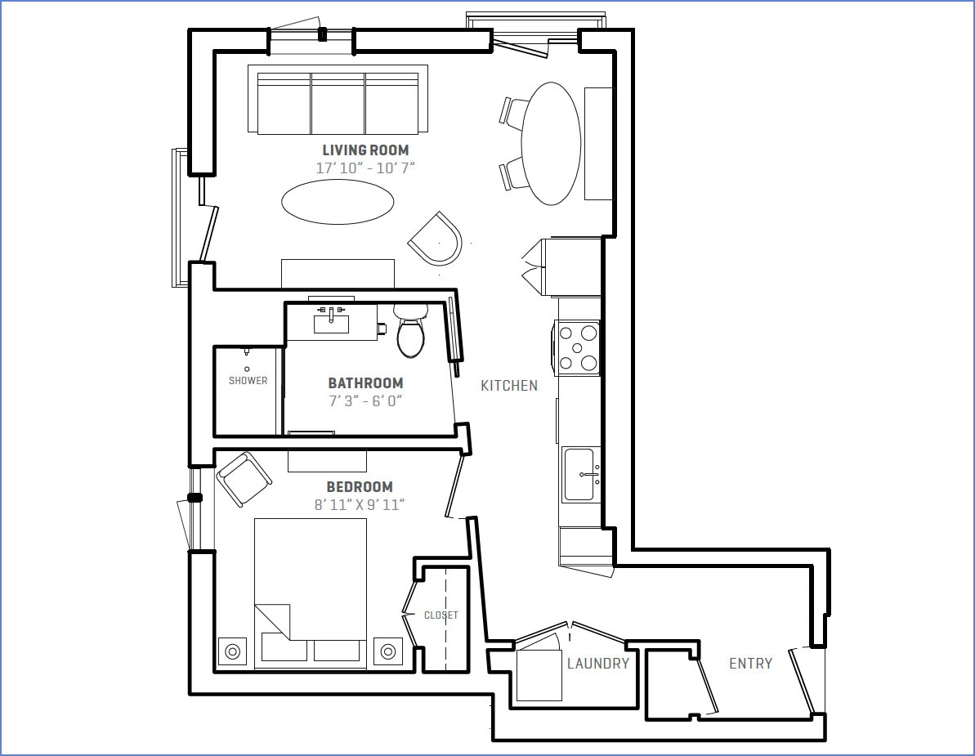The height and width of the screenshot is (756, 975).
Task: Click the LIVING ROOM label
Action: point(365,150)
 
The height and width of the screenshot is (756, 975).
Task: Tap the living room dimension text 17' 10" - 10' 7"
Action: point(365,168)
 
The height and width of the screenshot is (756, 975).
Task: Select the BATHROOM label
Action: point(365,383)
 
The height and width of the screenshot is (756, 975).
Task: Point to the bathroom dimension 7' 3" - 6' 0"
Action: point(365,401)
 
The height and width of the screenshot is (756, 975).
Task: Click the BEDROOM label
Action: point(360,487)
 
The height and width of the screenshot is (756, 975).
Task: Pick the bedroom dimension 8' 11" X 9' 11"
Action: point(360,505)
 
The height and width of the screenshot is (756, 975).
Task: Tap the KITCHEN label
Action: point(508,386)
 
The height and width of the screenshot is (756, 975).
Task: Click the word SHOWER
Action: point(248,381)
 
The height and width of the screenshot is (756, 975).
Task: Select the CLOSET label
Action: point(441,615)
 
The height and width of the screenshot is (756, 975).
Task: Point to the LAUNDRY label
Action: point(598,664)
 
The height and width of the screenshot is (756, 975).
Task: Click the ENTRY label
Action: point(750,664)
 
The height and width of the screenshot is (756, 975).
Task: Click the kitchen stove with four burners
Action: point(578,347)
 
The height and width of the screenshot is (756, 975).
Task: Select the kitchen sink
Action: point(581,474)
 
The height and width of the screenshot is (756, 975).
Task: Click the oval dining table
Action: point(552,143)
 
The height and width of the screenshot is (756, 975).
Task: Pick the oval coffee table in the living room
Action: point(338,201)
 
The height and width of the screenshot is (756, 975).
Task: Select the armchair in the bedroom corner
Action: point(243,478)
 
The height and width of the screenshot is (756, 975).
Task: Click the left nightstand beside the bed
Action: point(232,651)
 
